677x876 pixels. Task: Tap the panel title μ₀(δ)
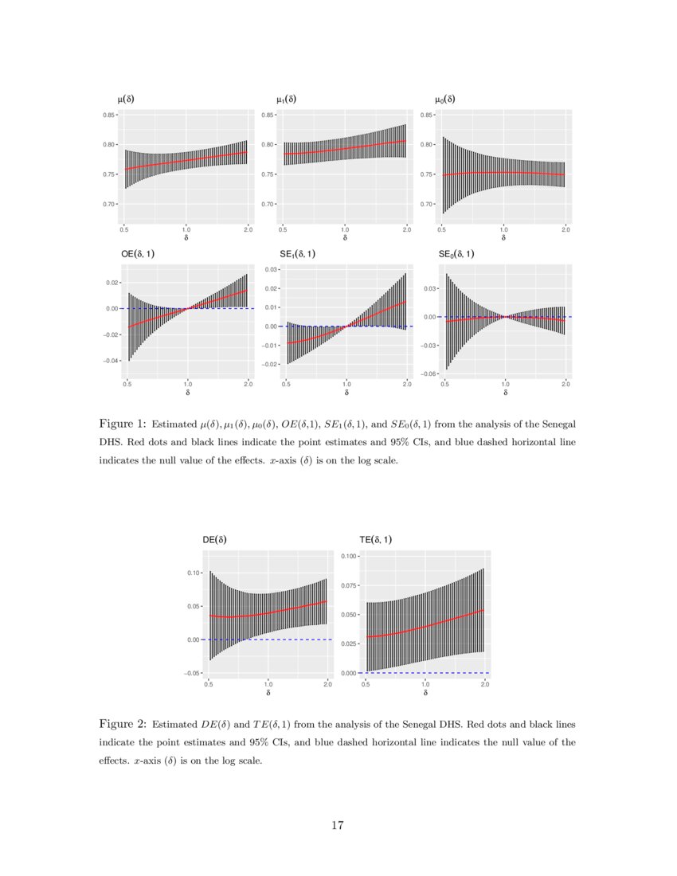[445, 100]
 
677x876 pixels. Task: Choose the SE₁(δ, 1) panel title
[297, 254]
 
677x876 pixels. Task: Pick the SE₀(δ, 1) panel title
[457, 254]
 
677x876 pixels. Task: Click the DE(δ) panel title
[215, 539]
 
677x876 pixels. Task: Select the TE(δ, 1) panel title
[376, 539]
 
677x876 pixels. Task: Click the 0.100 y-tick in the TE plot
[347, 556]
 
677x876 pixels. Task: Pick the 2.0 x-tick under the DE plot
[327, 684]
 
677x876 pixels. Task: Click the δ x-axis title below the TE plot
[426, 693]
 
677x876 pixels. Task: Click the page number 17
[338, 825]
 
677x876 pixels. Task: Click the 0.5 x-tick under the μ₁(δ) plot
[283, 229]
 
